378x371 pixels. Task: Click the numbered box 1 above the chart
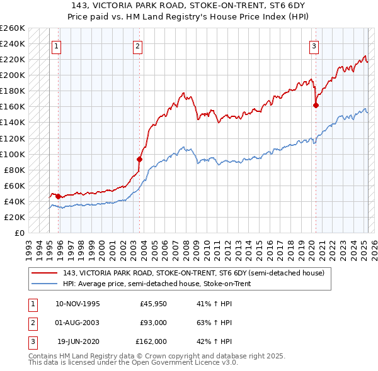(57, 45)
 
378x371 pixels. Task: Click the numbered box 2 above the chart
(137, 45)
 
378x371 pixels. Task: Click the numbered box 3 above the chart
(314, 45)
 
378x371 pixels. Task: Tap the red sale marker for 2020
(316, 105)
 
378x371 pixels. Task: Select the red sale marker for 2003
(140, 159)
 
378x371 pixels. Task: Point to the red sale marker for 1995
(58, 196)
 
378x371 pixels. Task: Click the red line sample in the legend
(44, 272)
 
